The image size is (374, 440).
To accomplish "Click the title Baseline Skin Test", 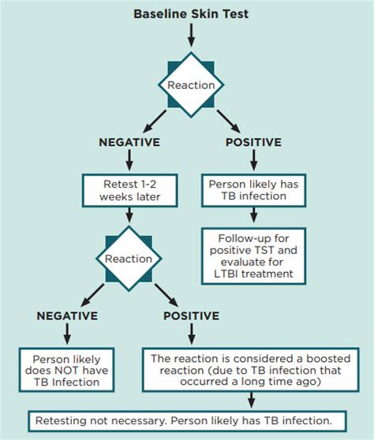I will tap(190, 13).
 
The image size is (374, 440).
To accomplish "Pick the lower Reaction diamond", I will tap(129, 257).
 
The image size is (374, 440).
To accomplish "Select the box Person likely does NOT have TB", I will tap(67, 367).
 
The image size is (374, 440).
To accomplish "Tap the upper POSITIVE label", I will tap(252, 143).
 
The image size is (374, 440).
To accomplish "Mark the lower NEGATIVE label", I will tap(67, 316).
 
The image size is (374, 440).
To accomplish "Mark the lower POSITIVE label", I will tap(191, 316).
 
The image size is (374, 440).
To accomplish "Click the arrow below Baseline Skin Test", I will tap(190, 35).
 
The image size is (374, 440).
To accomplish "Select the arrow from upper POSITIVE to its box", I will tap(252, 162).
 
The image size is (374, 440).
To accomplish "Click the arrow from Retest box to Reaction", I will tap(129, 217).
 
